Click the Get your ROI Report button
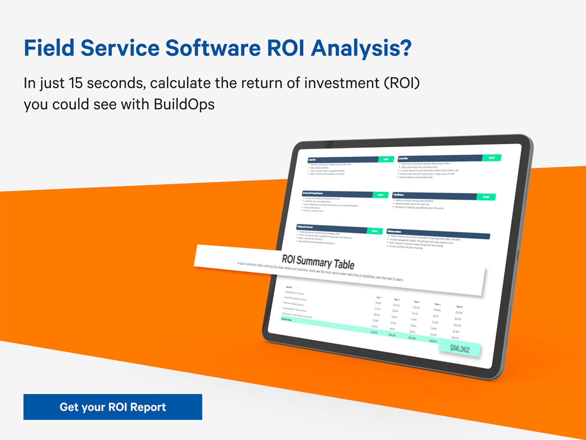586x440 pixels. coord(113,407)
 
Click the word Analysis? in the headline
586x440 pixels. coord(361,48)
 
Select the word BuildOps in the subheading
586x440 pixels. coord(184,104)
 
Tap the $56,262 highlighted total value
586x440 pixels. coord(459,349)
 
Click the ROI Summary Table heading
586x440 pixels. coord(318,262)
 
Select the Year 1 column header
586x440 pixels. coord(379,298)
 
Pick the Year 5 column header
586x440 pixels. coord(459,307)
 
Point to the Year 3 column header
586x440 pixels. coord(417,302)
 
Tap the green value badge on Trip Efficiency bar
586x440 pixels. coord(486,197)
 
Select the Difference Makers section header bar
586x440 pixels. coord(438,234)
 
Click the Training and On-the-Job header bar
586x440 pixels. coord(331,228)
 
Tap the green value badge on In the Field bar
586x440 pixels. coord(386,159)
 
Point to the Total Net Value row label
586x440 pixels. coord(286,320)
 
